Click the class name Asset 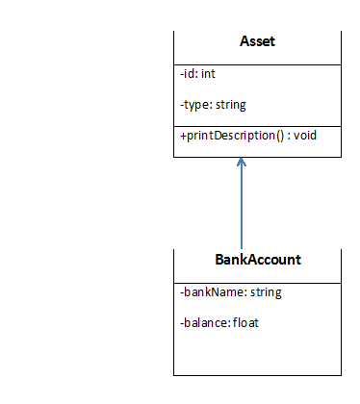tap(257, 42)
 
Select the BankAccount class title tap(257, 260)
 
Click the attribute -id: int tap(198, 73)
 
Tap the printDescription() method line tap(248, 136)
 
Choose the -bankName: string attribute tap(230, 291)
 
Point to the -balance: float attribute tap(219, 322)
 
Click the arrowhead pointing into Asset tap(242, 163)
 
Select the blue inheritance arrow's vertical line tap(242, 207)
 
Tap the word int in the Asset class tap(209, 73)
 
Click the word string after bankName tap(265, 291)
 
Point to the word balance tap(205, 322)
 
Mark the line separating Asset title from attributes tap(257, 64)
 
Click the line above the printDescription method tap(257, 124)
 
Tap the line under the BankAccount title tap(257, 283)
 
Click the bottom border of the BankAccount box tap(257, 375)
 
